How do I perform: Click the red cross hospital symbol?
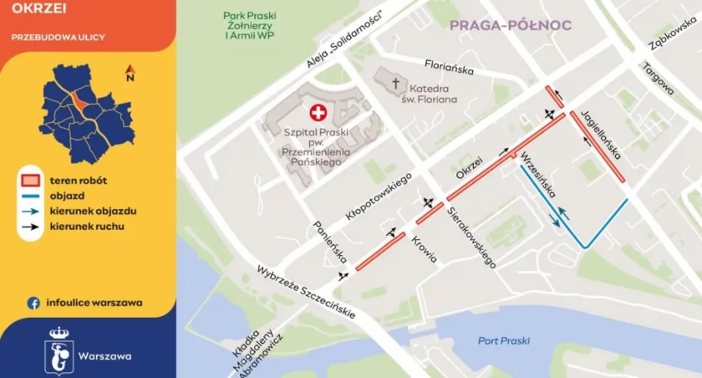318,113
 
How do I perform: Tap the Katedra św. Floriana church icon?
397,84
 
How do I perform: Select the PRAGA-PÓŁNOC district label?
511,25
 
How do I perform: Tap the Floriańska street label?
450,63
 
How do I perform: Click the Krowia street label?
425,248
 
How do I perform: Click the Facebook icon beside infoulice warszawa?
34,303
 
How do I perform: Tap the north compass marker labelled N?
130,74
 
